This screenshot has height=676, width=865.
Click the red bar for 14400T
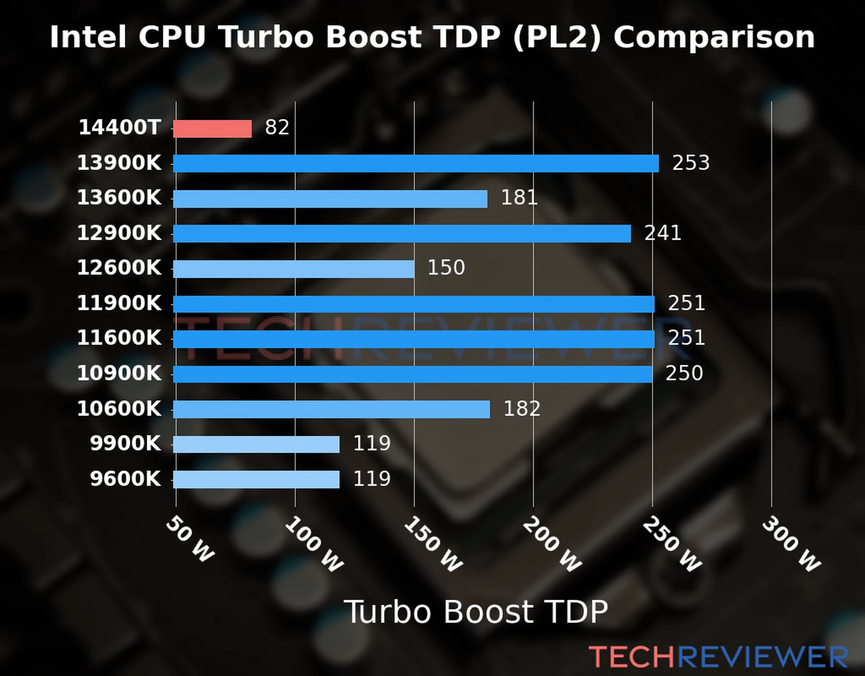pos(212,128)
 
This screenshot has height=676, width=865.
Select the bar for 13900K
pos(416,163)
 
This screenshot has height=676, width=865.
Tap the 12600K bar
pos(293,269)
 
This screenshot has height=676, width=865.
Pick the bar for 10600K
pos(331,409)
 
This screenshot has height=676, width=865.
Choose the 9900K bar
pos(256,444)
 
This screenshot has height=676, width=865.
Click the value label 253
pos(691,163)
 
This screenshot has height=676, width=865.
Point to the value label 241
pos(663,233)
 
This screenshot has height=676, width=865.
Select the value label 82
pos(277,127)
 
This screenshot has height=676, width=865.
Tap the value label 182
pos(522,408)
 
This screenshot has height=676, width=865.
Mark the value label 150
pos(446,268)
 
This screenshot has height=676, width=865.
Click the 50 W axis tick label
pos(190,539)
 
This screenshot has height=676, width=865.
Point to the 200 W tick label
pos(552,544)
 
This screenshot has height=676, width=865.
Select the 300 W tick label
pos(791,544)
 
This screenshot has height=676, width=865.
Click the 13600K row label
pos(119,198)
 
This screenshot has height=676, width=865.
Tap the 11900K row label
pos(119,303)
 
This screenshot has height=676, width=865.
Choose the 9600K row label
pos(126,479)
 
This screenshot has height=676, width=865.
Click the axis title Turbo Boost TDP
pos(476,612)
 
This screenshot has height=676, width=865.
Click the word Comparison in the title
pos(714,37)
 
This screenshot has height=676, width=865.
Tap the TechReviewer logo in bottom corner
pos(718,657)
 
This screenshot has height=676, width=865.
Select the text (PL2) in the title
pos(557,37)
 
